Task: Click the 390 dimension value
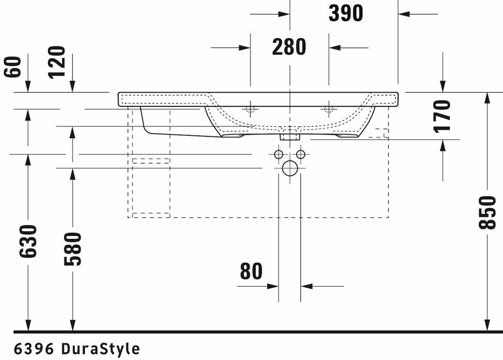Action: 346,13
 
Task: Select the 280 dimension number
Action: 289,47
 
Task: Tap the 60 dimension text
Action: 13,67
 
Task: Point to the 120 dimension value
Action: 57,62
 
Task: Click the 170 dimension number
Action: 442,116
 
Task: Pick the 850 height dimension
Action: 487,212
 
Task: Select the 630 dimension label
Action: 29,241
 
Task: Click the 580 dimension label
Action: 73,249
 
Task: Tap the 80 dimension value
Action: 251,271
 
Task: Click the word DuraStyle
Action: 101,349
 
